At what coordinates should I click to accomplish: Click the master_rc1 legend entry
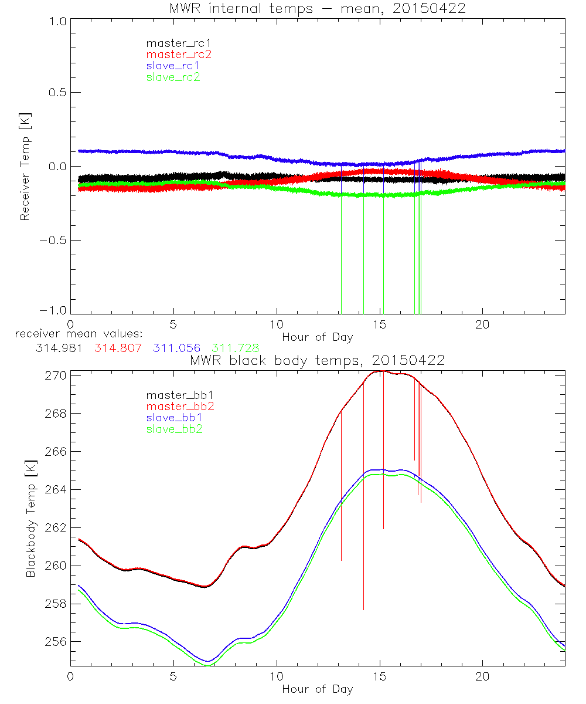pyautogui.click(x=173, y=43)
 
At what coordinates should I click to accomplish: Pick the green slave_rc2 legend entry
pyautogui.click(x=173, y=77)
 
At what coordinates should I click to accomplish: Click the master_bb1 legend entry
pyautogui.click(x=173, y=395)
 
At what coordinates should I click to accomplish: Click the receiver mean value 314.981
pyautogui.click(x=59, y=348)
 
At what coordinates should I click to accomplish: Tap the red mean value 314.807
pyautogui.click(x=118, y=348)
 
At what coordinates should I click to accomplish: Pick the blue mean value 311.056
pyautogui.click(x=177, y=348)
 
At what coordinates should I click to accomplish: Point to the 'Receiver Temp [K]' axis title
pyautogui.click(x=25, y=167)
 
